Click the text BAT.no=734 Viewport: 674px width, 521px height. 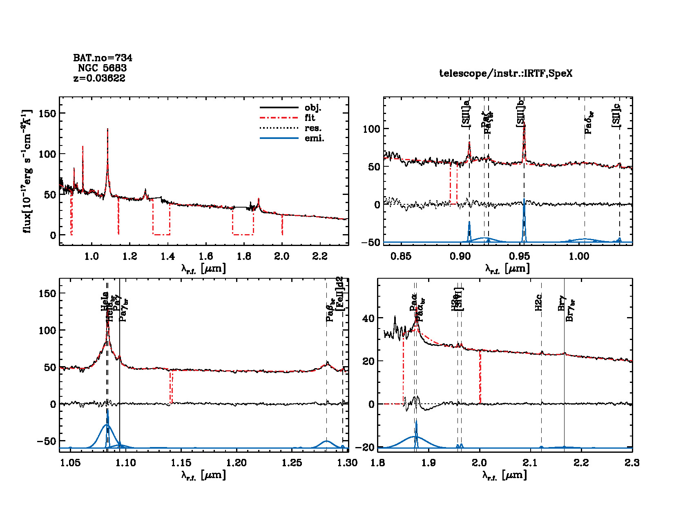pyautogui.click(x=103, y=58)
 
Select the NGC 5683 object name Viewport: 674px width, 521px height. pyautogui.click(x=103, y=68)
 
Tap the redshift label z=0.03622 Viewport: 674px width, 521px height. pyautogui.click(x=99, y=78)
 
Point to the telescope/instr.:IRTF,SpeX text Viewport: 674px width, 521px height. pyautogui.click(x=506, y=74)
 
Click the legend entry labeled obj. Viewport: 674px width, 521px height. pyautogui.click(x=313, y=108)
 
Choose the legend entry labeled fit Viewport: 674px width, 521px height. pyautogui.click(x=310, y=118)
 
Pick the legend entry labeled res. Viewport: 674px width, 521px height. pyautogui.click(x=312, y=128)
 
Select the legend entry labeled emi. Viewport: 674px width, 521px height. pyautogui.click(x=314, y=138)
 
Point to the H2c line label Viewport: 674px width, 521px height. pyautogui.click(x=538, y=302)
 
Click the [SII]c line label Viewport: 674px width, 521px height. pyautogui.click(x=616, y=116)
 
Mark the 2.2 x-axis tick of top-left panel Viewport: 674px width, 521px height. pyautogui.click(x=320, y=256)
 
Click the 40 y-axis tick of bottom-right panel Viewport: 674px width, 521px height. pyautogui.click(x=368, y=318)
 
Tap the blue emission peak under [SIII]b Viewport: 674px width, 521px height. pyautogui.click(x=524, y=200)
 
